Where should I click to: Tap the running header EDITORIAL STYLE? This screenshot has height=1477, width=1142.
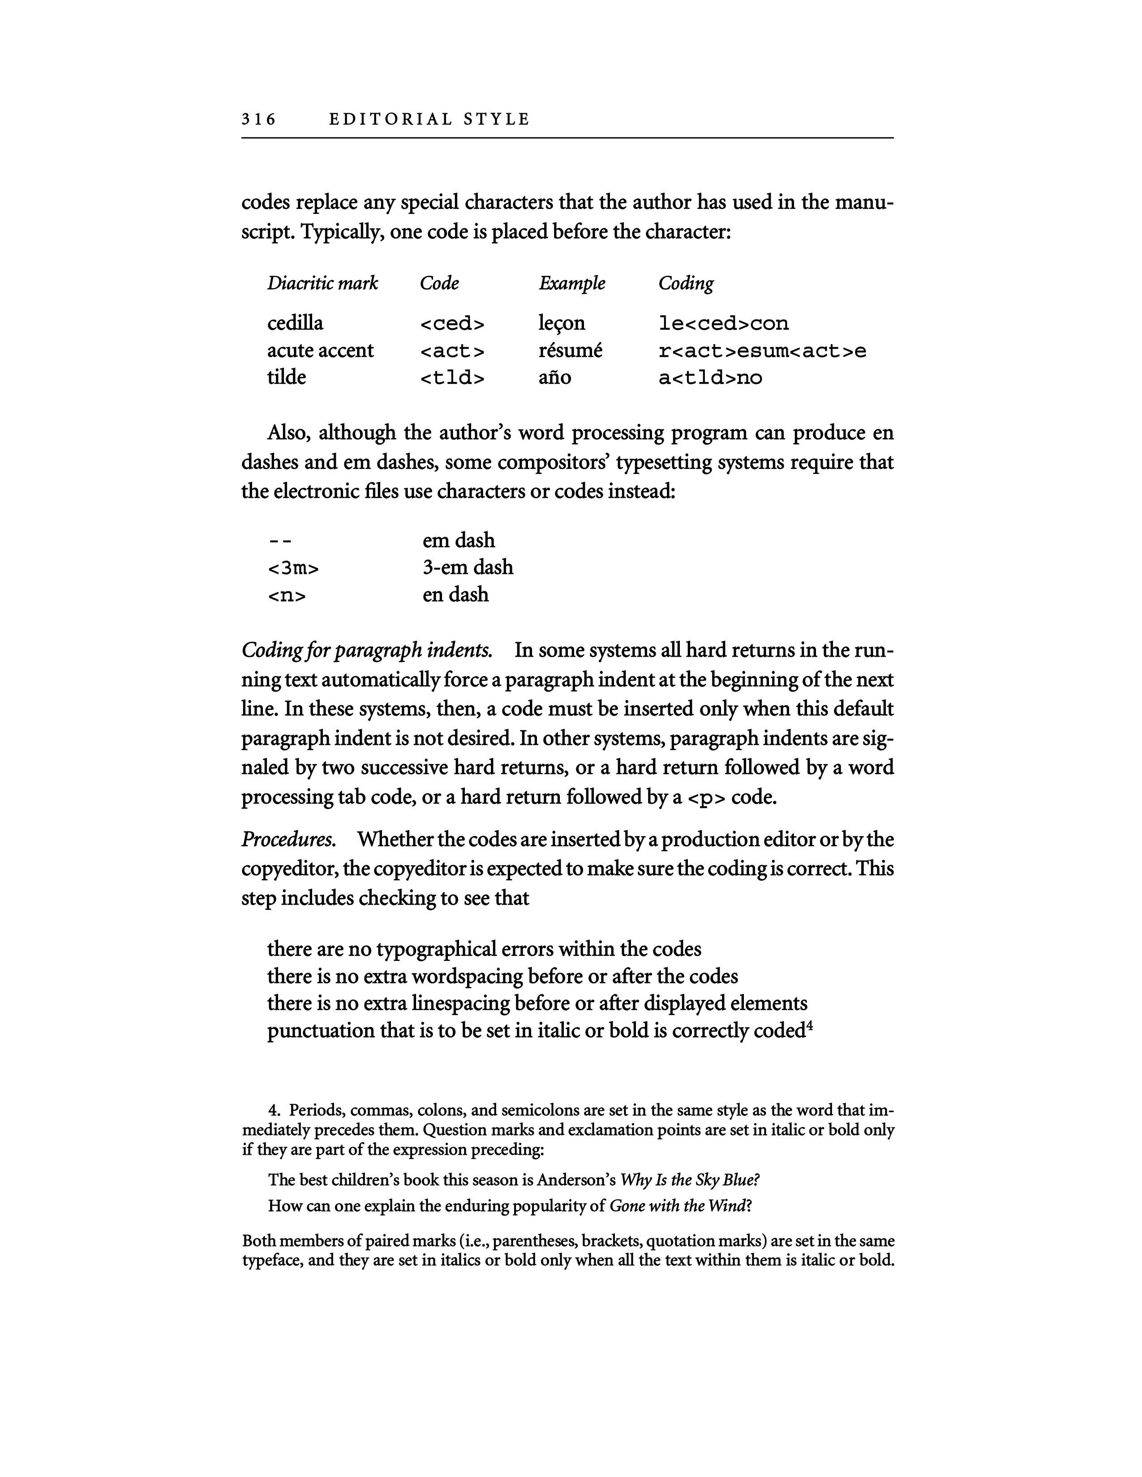pyautogui.click(x=429, y=120)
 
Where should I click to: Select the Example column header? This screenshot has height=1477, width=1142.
pyautogui.click(x=572, y=283)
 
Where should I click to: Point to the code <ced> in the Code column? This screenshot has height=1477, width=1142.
pyautogui.click(x=452, y=324)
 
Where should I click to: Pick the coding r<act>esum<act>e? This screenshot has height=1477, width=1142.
pyautogui.click(x=762, y=351)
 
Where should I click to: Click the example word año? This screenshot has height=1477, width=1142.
pyautogui.click(x=555, y=377)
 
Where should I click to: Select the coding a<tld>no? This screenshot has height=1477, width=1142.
pyautogui.click(x=710, y=378)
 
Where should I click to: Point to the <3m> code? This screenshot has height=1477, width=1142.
pyautogui.click(x=293, y=568)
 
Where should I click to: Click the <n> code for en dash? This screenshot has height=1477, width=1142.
pyautogui.click(x=287, y=596)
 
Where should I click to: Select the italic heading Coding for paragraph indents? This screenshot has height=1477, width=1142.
pyautogui.click(x=367, y=651)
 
